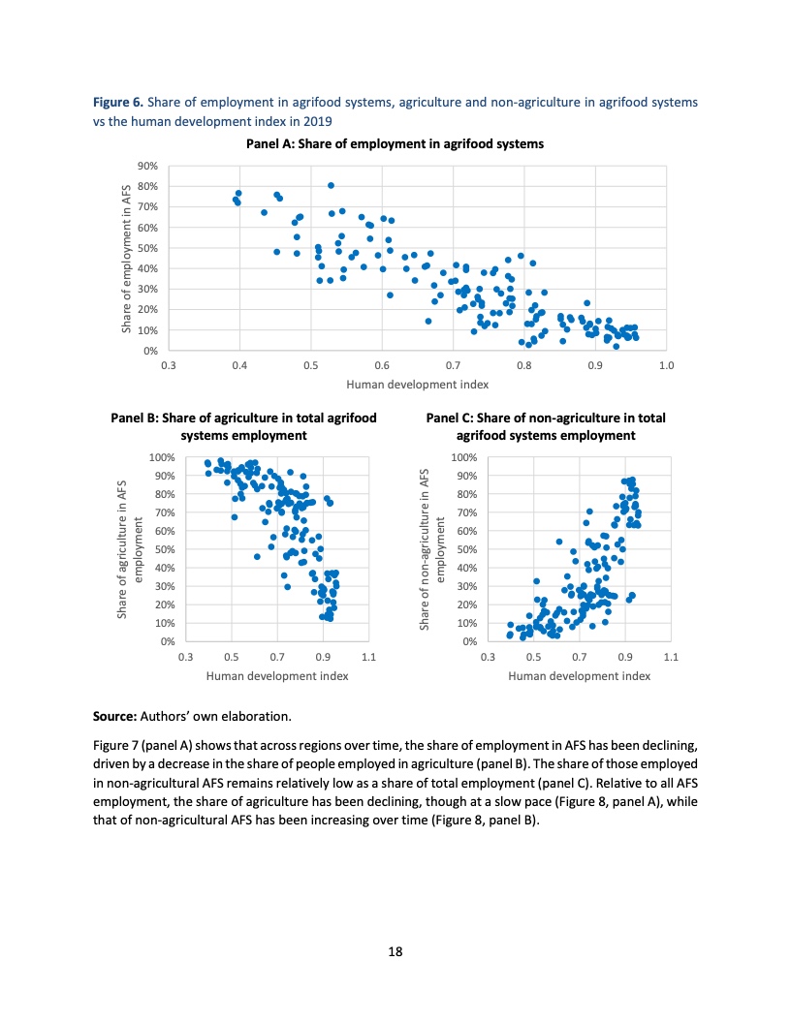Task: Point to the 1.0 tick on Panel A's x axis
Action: (665, 365)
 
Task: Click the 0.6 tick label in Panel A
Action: (381, 365)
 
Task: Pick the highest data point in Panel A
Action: (331, 185)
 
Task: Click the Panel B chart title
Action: (243, 426)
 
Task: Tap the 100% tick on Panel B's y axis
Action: (162, 457)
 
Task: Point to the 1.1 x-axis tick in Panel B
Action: (367, 658)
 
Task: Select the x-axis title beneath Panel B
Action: (277, 676)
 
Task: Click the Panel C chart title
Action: (546, 426)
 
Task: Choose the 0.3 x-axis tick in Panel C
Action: (488, 658)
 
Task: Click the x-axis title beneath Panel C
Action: (579, 676)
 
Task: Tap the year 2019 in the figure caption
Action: (317, 121)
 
